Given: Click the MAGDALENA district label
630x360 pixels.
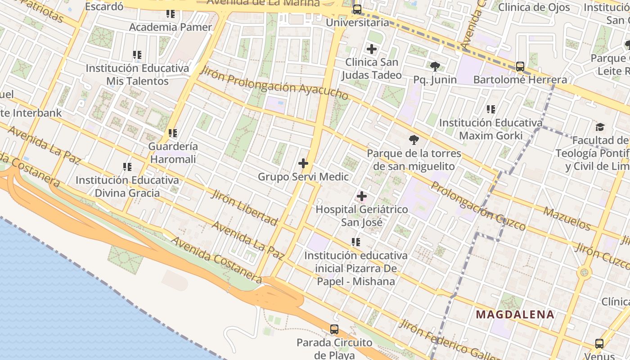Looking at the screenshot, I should tap(515, 315).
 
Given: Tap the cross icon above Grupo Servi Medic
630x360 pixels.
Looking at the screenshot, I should tap(303, 163).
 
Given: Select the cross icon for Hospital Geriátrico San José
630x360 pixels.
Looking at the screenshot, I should tap(362, 196).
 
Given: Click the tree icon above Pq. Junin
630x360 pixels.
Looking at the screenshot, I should tap(435, 67).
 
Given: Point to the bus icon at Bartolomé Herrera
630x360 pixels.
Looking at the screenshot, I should tap(520, 67).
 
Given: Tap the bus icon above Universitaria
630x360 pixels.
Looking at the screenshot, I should tap(357, 9).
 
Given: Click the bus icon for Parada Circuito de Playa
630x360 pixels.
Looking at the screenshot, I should tap(334, 329).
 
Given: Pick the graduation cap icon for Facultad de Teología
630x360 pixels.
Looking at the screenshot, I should tap(600, 127).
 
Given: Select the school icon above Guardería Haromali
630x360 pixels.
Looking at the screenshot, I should tap(173, 133).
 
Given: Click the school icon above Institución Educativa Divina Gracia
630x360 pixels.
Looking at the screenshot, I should tap(127, 167).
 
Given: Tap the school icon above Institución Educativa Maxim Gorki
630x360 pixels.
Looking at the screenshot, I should tap(491, 109).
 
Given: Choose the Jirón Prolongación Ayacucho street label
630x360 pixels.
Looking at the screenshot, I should tap(274, 84).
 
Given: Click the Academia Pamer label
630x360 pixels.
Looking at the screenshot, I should tap(171, 27).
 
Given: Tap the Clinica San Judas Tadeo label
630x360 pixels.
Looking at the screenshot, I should tap(372, 68).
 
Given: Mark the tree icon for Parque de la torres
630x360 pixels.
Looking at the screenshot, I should tap(414, 140).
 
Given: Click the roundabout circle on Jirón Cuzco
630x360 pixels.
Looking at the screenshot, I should tap(584, 272).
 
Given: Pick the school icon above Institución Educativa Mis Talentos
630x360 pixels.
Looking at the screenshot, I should tap(137, 55).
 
